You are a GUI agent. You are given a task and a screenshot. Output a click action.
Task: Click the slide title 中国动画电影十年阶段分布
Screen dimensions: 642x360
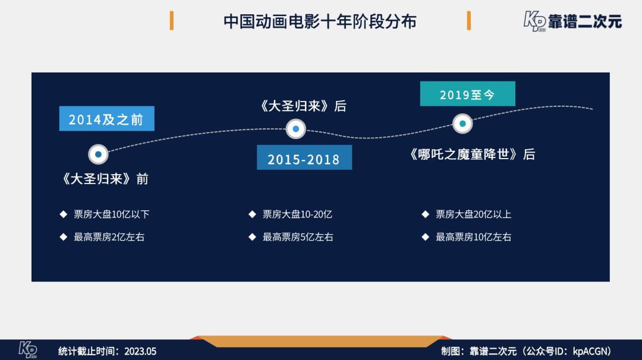320,21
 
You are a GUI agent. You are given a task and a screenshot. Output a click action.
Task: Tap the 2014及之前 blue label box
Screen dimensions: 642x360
107,119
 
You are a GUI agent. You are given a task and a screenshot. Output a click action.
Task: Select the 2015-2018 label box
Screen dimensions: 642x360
304,157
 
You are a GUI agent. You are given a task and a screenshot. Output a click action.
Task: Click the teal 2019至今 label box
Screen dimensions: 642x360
468,94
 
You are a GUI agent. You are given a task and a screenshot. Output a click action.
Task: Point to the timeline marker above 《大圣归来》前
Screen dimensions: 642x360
98,154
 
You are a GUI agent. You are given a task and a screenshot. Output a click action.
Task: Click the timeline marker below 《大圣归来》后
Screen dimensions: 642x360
295,129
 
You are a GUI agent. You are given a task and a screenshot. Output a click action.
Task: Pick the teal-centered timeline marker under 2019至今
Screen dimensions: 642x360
462,124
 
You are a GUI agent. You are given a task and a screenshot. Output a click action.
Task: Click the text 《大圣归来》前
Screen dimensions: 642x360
105,179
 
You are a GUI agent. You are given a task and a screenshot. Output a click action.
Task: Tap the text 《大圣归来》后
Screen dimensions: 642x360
303,106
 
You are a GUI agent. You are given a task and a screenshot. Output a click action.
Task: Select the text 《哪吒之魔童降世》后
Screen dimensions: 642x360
472,154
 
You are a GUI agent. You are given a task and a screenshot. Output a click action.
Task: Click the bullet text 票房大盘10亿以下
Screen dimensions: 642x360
111,214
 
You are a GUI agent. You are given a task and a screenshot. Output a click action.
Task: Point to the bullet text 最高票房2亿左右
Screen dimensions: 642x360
109,237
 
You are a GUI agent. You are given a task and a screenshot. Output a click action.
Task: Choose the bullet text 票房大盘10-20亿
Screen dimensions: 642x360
297,214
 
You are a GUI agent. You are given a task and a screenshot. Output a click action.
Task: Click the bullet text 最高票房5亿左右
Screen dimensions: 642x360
298,237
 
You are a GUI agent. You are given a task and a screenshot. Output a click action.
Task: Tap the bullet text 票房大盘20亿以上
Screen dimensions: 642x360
473,214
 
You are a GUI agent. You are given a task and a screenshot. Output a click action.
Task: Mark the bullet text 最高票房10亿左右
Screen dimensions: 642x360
473,237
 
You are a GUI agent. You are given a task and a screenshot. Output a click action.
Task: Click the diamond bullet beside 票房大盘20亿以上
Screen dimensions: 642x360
426,214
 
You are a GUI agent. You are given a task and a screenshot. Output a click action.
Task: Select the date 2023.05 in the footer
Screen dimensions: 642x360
140,352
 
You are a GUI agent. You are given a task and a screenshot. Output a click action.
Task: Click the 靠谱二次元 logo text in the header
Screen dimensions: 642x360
585,21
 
